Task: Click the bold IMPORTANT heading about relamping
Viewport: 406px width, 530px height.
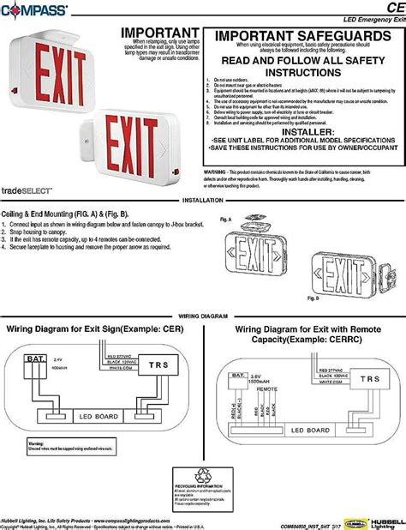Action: (154, 31)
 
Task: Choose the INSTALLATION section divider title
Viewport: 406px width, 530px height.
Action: (203, 199)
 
